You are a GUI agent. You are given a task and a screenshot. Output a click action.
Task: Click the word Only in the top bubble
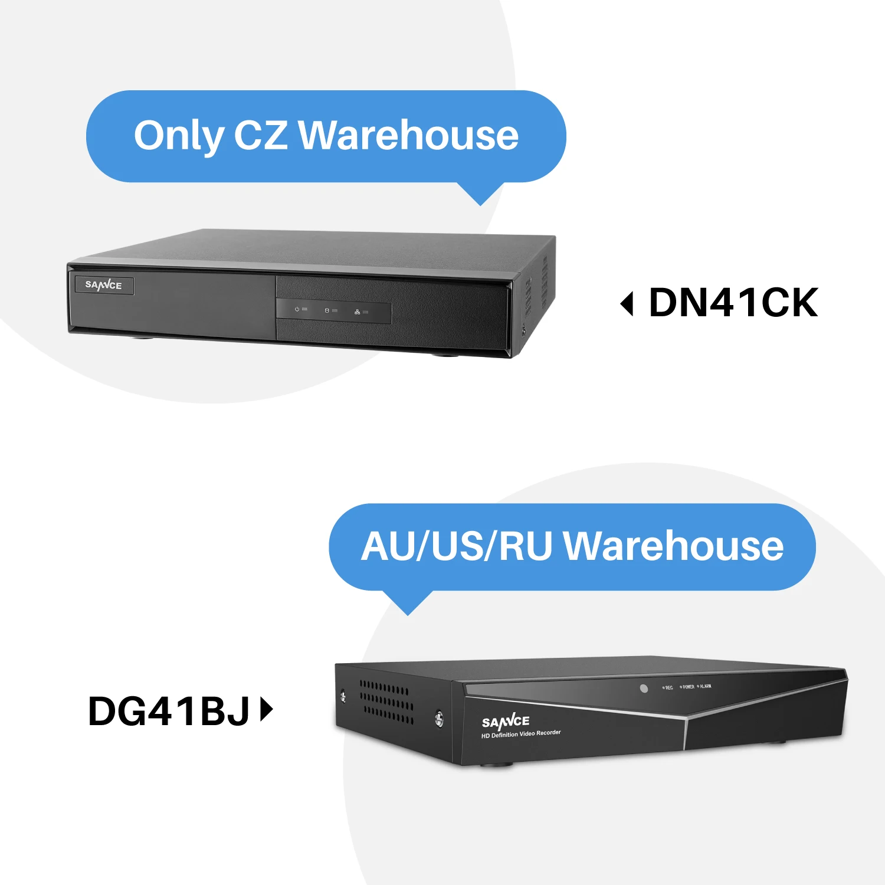[178, 136]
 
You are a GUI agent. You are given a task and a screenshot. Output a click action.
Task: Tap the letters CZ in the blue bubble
[260, 135]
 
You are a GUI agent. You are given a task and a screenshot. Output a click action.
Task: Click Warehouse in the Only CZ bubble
[408, 135]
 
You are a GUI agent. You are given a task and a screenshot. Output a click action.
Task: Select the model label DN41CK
[733, 303]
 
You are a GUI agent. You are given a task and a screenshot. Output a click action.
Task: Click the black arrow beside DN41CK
[627, 304]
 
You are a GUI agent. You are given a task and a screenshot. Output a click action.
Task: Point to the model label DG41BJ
[169, 711]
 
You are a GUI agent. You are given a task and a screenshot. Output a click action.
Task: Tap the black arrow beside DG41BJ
[266, 710]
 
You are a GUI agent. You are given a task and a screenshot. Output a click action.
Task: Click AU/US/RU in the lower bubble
[456, 546]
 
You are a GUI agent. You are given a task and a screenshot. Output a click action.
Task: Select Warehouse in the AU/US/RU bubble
[673, 546]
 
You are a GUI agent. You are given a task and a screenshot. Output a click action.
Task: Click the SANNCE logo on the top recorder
[104, 285]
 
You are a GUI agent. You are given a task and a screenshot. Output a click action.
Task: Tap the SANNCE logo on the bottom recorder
[506, 721]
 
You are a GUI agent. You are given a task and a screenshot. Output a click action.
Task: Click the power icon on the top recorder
[297, 309]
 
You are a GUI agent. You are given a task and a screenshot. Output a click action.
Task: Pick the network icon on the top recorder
[357, 312]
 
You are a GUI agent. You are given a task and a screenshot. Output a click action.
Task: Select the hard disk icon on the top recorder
[327, 310]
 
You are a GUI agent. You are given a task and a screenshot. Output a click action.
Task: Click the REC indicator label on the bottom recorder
[668, 687]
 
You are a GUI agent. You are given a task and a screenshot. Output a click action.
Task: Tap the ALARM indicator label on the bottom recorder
[705, 686]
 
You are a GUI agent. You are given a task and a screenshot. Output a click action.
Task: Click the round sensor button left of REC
[644, 689]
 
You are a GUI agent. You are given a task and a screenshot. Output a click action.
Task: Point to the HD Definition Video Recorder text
[521, 734]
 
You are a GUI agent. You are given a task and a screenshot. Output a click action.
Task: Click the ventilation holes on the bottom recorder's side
[386, 702]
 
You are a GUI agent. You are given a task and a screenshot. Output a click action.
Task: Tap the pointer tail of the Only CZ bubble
[481, 195]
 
